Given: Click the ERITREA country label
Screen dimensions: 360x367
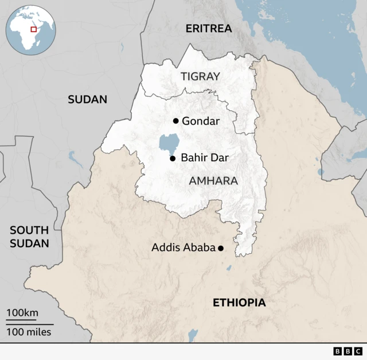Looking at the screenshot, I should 209,28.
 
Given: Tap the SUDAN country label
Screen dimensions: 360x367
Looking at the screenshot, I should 87,99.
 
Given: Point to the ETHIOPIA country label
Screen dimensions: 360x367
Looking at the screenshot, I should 239,303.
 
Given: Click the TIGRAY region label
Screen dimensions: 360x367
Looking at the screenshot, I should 200,76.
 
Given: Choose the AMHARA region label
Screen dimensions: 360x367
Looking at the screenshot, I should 213,181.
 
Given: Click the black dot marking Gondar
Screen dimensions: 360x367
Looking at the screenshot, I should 175,121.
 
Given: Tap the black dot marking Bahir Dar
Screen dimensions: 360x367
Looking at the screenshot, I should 172,158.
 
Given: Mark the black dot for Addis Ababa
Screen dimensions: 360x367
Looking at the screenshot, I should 220,248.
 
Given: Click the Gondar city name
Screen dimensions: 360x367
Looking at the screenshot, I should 200,121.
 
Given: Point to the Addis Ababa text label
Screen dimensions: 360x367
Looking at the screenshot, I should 183,248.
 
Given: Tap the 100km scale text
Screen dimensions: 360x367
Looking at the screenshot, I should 22,313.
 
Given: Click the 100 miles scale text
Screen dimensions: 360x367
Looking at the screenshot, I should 29,332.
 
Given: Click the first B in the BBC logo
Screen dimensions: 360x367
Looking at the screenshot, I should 337,351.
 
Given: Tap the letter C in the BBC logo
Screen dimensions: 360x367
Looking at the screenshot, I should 358,351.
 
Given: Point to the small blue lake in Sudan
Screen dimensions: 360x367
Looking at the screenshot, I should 75,158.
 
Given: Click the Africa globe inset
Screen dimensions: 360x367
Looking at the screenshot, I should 30,30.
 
